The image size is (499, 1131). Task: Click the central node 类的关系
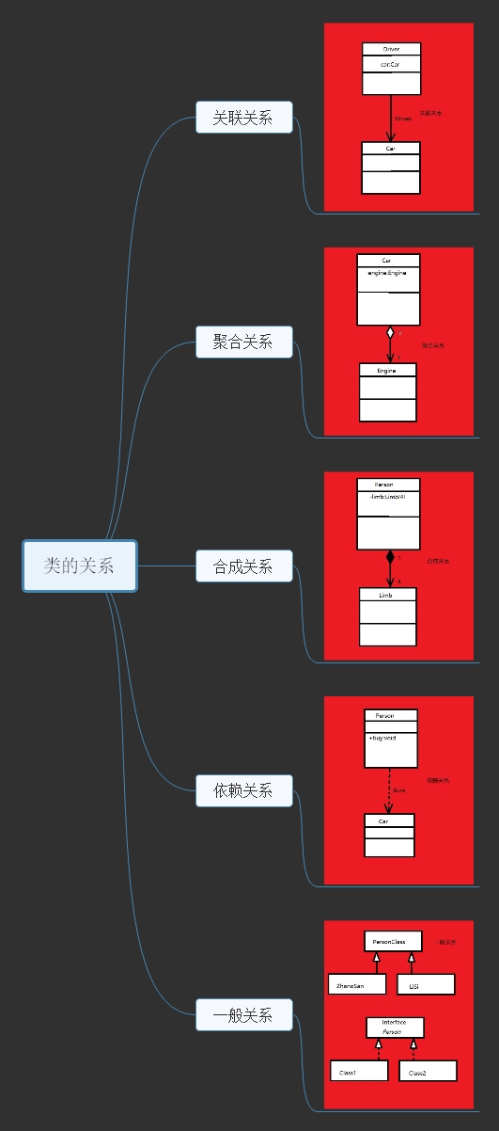coord(80,565)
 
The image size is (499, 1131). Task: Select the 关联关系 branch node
coord(243,118)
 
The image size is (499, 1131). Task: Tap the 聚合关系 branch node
coord(243,342)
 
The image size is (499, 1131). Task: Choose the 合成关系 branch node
coord(243,566)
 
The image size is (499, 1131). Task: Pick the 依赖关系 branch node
coord(243,790)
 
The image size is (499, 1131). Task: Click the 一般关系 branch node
coord(243,1015)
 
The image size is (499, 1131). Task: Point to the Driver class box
coord(392,68)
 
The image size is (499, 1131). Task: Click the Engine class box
coord(387,391)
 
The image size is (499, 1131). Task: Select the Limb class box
coord(387,616)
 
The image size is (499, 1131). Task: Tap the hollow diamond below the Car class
coord(390,332)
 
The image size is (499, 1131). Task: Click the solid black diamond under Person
coord(390,557)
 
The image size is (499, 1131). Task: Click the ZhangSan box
coord(357,984)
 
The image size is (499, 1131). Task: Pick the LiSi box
coord(426,984)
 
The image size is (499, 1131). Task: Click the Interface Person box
coord(395,1027)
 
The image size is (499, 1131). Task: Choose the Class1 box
coord(358,1071)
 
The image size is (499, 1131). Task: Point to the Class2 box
coord(428,1071)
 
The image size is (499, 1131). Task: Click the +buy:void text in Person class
coord(382,738)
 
